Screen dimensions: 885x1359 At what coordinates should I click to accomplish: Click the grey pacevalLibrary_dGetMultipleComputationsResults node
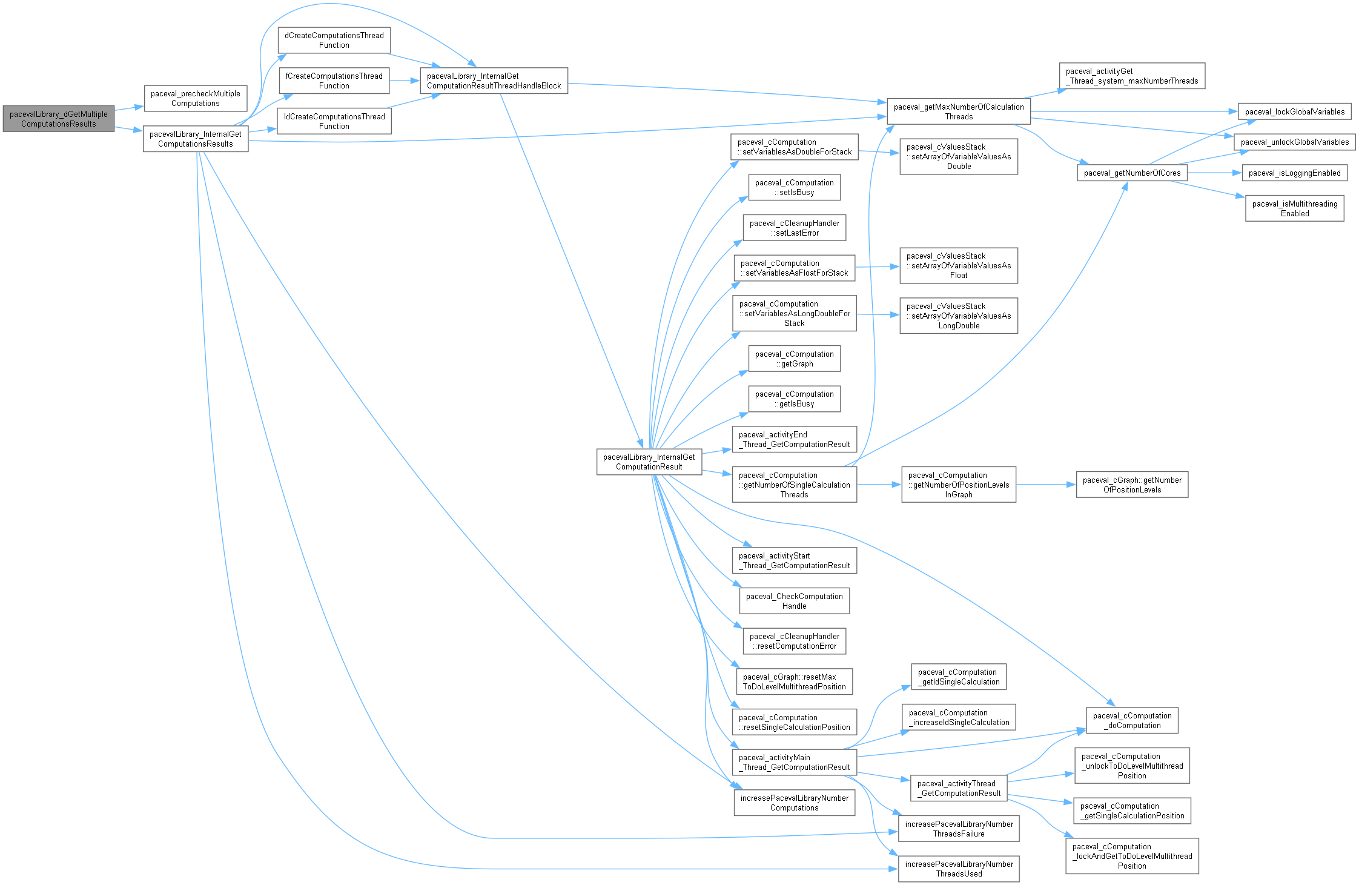pos(59,119)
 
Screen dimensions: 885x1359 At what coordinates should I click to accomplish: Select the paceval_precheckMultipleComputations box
pos(196,99)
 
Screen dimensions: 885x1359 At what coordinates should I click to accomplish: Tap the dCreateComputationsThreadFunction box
pos(334,41)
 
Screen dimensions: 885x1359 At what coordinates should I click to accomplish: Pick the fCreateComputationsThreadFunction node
pos(334,81)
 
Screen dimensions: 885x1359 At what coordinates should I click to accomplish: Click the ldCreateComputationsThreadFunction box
pos(334,121)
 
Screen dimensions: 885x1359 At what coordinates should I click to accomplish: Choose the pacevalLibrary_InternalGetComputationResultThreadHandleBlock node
pos(494,81)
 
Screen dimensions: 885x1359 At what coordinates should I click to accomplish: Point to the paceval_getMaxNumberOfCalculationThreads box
pos(959,112)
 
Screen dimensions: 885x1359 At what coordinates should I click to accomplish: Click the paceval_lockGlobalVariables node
pos(1294,112)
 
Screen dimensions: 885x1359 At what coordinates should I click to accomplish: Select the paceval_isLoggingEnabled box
pos(1294,173)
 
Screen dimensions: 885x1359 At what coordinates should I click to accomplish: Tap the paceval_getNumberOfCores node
pos(1132,173)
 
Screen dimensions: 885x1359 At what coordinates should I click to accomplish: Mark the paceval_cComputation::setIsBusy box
pos(794,188)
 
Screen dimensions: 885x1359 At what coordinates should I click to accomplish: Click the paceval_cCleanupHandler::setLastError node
pos(794,228)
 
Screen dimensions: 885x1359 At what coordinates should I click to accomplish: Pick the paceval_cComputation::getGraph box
pos(794,359)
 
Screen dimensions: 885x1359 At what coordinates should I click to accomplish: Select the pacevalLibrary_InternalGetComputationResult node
pos(649,462)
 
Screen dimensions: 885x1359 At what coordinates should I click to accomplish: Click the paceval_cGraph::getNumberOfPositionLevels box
pos(1132,485)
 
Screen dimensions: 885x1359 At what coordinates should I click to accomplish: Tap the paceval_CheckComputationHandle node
pos(794,602)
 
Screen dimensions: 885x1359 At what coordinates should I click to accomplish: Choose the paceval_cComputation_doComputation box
pos(1132,721)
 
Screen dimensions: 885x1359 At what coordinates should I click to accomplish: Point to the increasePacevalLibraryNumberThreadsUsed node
pos(959,869)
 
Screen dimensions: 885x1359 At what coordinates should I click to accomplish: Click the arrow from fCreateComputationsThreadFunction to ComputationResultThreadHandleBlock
pos(405,81)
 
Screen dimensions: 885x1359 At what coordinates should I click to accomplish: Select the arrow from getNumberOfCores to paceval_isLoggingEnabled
pos(1214,173)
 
